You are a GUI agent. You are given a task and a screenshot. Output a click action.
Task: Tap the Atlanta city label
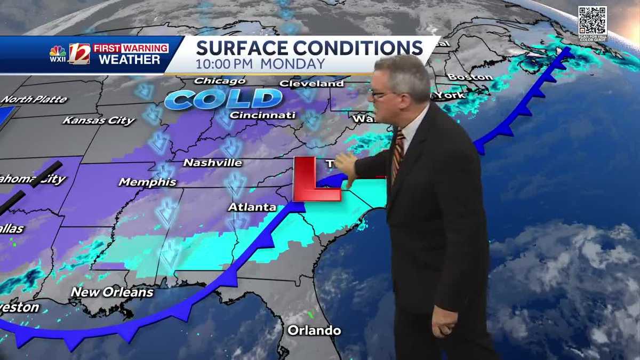click(x=252, y=207)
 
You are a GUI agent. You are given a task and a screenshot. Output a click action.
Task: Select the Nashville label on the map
click(x=212, y=163)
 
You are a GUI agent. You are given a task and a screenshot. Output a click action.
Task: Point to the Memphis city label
click(x=147, y=182)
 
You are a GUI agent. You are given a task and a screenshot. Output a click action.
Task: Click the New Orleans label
click(x=112, y=292)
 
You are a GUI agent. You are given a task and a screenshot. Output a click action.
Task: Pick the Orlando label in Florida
click(x=314, y=331)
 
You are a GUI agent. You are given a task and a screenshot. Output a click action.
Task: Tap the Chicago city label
click(x=220, y=81)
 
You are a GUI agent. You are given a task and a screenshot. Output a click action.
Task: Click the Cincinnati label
click(x=262, y=115)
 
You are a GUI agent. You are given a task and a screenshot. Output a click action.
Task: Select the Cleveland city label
click(x=311, y=84)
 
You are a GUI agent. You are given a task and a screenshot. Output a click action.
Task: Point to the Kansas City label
click(x=99, y=121)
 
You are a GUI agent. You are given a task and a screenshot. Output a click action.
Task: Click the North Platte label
click(x=34, y=99)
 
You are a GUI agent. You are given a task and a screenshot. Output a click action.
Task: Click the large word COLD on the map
click(x=223, y=99)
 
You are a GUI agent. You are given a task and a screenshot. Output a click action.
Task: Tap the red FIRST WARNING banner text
click(x=131, y=48)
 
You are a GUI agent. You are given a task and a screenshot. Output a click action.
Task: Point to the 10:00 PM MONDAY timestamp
click(x=260, y=64)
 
